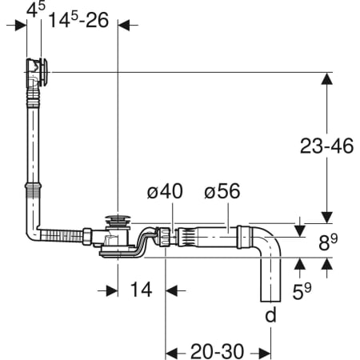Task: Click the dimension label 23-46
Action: [326, 146]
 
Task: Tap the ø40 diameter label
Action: [165, 191]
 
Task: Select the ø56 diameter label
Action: [222, 191]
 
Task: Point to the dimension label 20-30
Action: [217, 351]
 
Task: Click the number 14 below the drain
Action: [142, 290]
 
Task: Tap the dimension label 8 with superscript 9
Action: [328, 242]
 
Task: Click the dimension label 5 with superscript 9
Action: [302, 291]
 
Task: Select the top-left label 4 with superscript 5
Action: [36, 10]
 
